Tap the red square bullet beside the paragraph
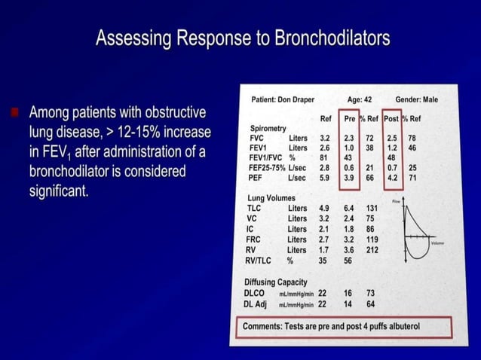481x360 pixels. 15,114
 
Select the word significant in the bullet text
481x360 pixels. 59,191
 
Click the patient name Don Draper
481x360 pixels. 293,100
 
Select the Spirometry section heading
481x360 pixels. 268,129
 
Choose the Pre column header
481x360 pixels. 350,119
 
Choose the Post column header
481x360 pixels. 391,119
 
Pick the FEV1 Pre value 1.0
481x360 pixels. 350,148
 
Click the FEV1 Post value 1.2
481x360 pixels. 391,148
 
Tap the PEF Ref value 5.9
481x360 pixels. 324,178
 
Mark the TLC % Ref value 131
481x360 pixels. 371,208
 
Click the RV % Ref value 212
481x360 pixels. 371,250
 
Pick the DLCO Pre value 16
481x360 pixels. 348,293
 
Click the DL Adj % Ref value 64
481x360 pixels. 371,304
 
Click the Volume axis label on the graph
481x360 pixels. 438,243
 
